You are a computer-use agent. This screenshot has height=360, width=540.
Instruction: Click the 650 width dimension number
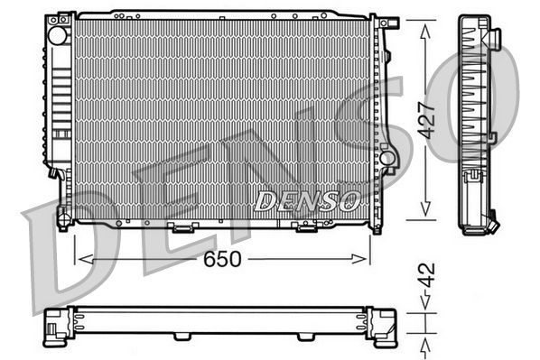click(221, 260)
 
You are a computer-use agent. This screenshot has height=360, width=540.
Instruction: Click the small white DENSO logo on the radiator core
click(308, 199)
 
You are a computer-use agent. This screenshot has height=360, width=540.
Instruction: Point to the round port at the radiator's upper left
click(58, 37)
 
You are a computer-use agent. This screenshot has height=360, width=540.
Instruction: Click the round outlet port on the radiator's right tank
click(388, 159)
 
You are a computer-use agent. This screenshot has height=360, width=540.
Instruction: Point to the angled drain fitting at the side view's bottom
click(491, 220)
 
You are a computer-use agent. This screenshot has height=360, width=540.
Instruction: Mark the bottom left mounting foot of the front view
click(62, 217)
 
